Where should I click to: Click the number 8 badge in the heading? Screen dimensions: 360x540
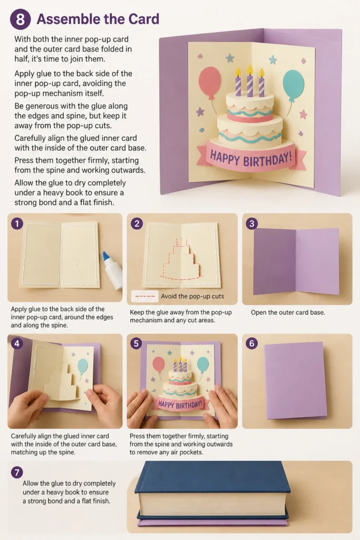(x=20, y=20)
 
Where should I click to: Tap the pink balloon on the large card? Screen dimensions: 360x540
(x=210, y=79)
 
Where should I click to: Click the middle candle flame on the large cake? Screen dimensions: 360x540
(x=250, y=70)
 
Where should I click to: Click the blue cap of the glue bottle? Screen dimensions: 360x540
(x=106, y=256)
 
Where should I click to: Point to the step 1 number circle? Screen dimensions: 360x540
(x=17, y=224)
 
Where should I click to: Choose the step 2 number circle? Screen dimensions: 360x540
(x=137, y=224)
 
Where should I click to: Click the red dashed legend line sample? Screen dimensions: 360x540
(x=145, y=296)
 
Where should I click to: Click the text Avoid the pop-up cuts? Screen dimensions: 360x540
(x=192, y=296)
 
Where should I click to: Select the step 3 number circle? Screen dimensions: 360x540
(x=251, y=224)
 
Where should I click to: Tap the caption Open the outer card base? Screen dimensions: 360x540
(x=288, y=313)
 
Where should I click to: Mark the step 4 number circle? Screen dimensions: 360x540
(x=17, y=343)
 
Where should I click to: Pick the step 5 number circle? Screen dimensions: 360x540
(x=137, y=343)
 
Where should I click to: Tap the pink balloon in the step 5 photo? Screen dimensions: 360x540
(x=158, y=364)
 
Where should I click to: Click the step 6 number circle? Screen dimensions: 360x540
(x=251, y=343)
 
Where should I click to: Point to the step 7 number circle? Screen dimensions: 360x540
(x=17, y=472)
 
